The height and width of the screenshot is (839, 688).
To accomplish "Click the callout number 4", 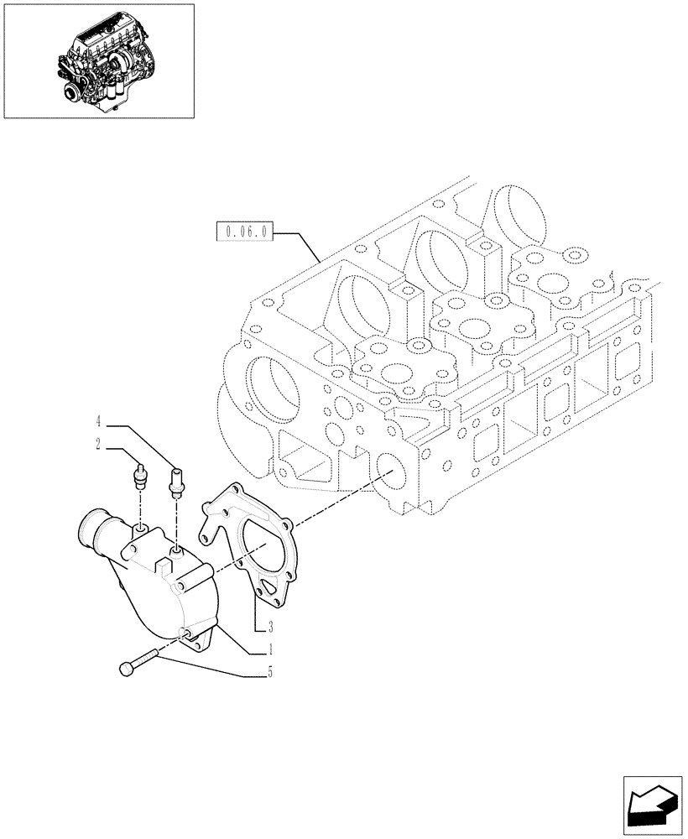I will coord(98,419).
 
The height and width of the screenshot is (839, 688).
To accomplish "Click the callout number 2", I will coord(98,445).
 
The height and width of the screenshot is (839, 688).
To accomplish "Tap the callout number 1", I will coord(270,649).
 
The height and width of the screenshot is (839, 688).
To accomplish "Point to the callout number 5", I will coord(270,671).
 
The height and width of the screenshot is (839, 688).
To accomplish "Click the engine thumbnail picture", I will coord(99,60).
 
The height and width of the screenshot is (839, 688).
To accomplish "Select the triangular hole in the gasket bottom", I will coord(268,587).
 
